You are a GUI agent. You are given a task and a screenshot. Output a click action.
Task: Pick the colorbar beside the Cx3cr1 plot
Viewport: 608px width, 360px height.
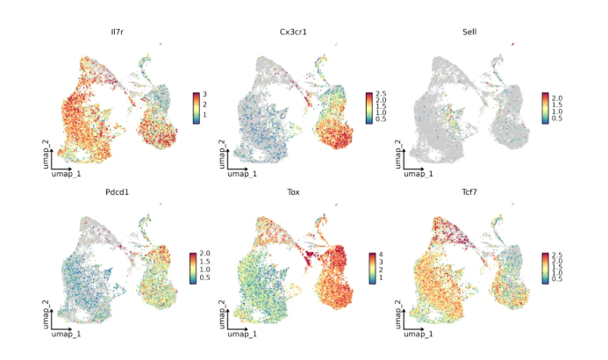[368, 107]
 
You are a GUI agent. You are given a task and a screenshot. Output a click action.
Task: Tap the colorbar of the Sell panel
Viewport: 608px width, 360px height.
[545, 107]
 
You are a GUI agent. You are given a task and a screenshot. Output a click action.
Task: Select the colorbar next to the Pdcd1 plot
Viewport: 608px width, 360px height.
[193, 267]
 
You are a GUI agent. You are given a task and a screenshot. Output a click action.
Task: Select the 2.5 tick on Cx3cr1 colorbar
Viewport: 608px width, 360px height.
[383, 93]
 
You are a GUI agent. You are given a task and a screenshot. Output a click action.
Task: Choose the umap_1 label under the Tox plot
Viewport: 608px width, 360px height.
[242, 335]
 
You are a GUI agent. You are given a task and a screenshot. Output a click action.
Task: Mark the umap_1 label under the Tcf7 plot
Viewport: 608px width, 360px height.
[416, 335]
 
